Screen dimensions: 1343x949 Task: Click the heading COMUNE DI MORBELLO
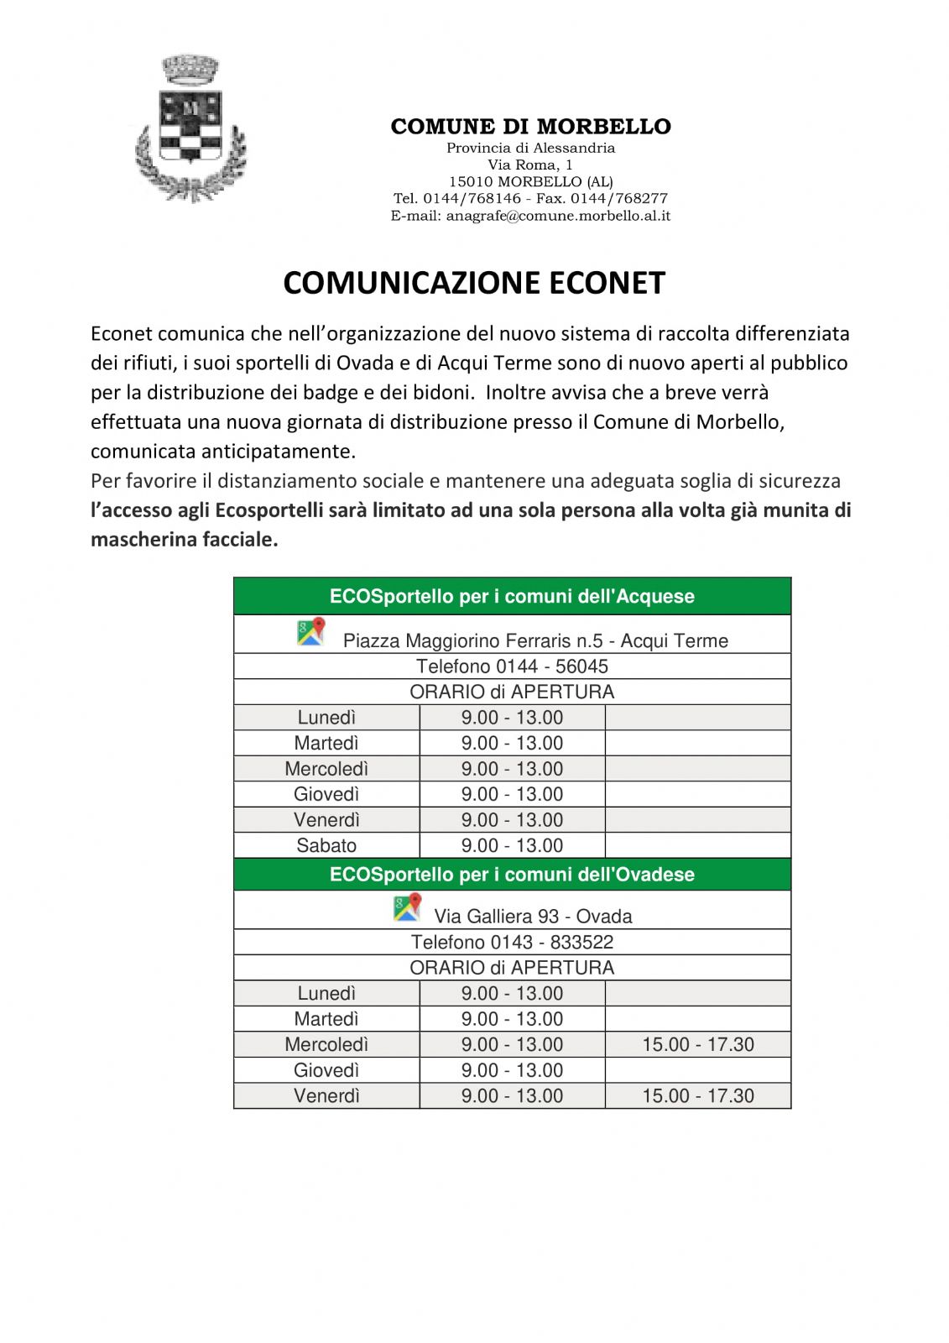530,127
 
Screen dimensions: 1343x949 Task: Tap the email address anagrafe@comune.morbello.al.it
558,216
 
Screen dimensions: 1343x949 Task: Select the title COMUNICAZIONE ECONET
474,283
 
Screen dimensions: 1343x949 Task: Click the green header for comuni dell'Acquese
512,597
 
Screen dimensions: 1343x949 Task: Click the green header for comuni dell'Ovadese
512,875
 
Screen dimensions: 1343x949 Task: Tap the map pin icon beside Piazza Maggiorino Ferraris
310,632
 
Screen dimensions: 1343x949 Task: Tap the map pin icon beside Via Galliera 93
407,907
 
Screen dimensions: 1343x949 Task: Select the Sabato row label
326,845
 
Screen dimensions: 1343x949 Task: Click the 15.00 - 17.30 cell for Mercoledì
698,1044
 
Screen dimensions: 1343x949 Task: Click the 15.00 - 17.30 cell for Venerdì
698,1095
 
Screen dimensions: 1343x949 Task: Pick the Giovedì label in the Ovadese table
326,1070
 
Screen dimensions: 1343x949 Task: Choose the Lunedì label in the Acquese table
326,718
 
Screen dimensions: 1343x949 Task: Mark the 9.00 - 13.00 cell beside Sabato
512,845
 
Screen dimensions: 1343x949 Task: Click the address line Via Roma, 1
530,165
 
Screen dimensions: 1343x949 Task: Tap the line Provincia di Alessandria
530,148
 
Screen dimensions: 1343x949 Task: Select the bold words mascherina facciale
185,540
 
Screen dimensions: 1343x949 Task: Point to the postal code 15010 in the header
471,181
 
